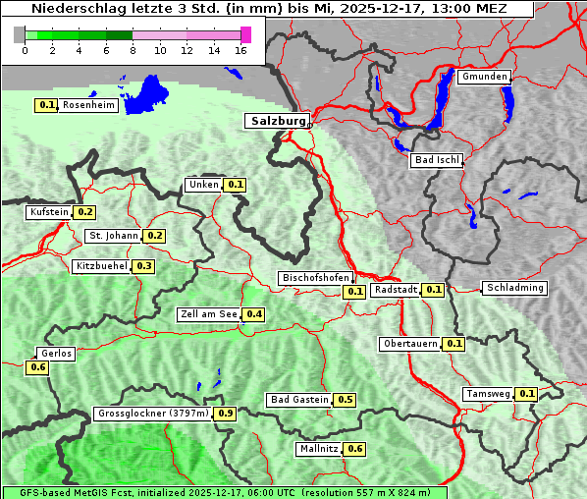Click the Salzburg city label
click(277, 121)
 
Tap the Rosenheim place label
click(89, 105)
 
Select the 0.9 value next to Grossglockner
click(226, 414)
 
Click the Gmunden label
click(484, 77)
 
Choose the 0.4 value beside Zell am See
click(254, 314)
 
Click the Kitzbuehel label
click(101, 266)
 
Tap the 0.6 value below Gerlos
click(38, 367)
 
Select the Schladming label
click(514, 288)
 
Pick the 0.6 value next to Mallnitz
click(355, 449)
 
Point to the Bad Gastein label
click(299, 400)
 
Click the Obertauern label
click(410, 344)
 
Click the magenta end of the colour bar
click(245, 34)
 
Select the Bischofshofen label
click(315, 279)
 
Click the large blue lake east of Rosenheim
click(149, 94)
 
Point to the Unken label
click(203, 185)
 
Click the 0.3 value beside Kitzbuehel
click(144, 266)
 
